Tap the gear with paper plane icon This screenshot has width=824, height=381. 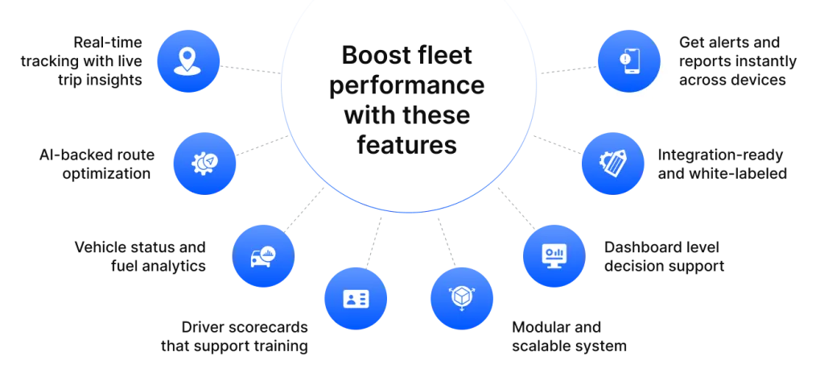pyautogui.click(x=204, y=164)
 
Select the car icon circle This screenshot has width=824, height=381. pyautogui.click(x=263, y=256)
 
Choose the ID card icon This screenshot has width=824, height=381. pyautogui.click(x=355, y=298)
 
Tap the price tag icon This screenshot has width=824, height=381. pyautogui.click(x=612, y=164)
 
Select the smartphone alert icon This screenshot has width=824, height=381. pyautogui.click(x=628, y=60)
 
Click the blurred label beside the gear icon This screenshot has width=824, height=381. pyautogui.click(x=97, y=164)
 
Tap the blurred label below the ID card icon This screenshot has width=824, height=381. pyautogui.click(x=235, y=338)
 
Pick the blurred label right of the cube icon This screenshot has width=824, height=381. pyautogui.click(x=568, y=337)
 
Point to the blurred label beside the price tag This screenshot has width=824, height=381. pyautogui.click(x=723, y=164)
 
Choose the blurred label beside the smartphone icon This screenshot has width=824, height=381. pyautogui.click(x=736, y=60)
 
